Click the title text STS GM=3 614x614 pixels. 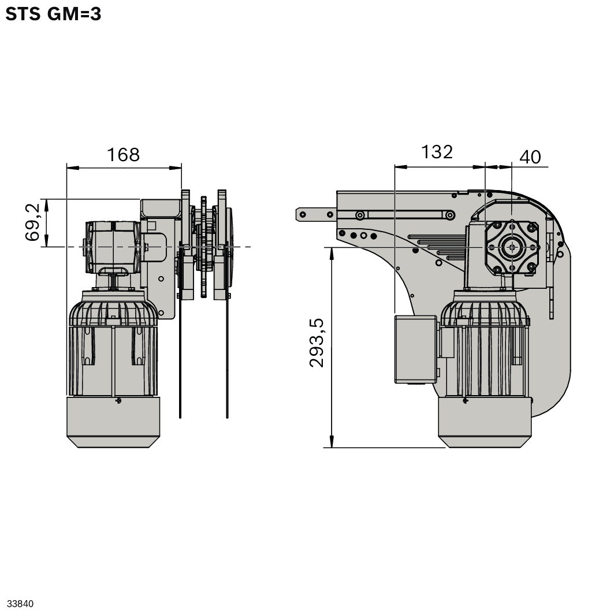[53, 14]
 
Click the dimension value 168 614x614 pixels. [123, 155]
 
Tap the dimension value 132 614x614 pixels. [437, 152]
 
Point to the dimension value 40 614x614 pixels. [530, 157]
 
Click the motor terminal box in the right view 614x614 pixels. [415, 349]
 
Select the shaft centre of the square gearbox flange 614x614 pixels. [512, 247]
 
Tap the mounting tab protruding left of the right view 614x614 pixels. [315, 214]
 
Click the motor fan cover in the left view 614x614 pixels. [113, 421]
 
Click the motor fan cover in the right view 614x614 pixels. [484, 421]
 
